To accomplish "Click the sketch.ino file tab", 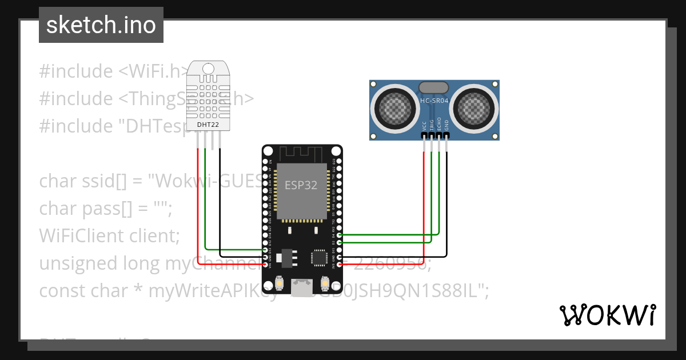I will pos(101,25).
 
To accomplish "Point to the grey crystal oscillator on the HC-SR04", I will pos(434,87).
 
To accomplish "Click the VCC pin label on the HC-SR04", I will pos(424,125).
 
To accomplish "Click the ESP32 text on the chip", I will pos(301,185).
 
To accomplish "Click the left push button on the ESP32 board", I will pos(280,283).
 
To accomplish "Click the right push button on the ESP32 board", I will pos(325,283).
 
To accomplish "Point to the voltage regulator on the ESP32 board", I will pos(284,257).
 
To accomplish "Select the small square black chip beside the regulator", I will pos(318,258).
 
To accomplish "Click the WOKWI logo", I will pos(607,315).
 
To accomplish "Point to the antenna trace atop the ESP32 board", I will pos(302,153).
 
